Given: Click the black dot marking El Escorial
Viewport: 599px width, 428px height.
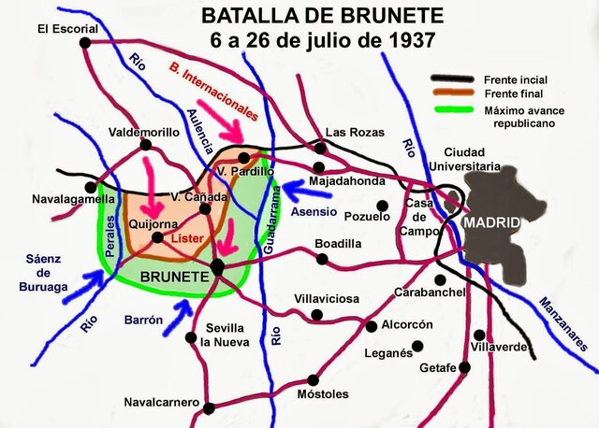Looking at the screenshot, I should (85, 42).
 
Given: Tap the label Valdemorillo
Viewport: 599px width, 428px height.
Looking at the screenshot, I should (143, 132).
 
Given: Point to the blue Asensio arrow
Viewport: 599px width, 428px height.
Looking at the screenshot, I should (300, 192).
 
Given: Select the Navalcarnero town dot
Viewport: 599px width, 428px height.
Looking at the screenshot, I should (209, 407).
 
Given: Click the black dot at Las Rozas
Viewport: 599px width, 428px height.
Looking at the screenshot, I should (321, 148).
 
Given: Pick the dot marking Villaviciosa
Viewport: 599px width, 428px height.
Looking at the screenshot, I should (316, 314).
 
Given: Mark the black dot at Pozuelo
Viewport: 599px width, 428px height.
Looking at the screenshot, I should (381, 206).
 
